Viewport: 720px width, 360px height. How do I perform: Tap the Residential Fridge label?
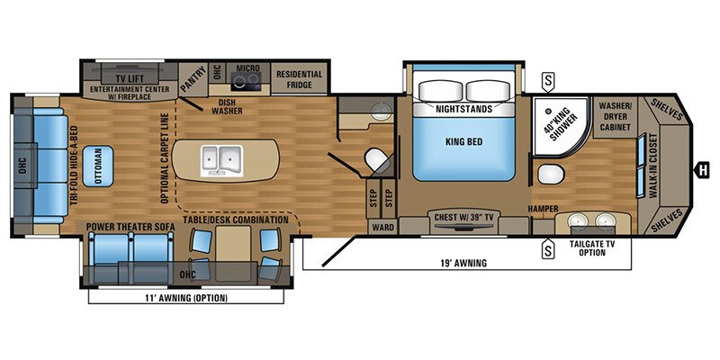299,79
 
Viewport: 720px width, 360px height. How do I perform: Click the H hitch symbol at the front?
705,167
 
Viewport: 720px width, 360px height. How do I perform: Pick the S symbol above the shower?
548,83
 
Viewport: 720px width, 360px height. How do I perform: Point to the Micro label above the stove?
247,67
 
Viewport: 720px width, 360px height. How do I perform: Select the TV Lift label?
118,78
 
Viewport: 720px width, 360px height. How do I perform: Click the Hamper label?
541,209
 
